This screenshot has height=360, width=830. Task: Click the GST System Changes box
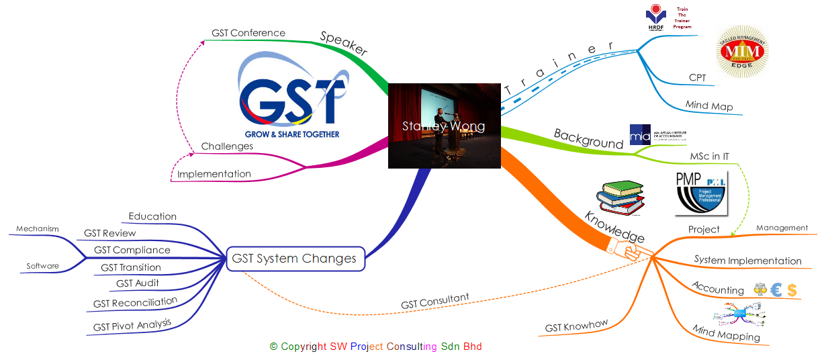(295, 259)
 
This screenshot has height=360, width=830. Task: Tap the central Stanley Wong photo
(445, 126)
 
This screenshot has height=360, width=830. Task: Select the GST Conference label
(248, 33)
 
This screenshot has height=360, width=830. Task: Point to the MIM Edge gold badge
(743, 51)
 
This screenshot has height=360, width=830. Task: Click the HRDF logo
(653, 17)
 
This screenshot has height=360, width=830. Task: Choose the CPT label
(698, 77)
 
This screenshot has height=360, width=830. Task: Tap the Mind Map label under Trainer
(709, 106)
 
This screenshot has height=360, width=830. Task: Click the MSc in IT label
(710, 156)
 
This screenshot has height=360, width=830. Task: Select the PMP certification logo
(701, 194)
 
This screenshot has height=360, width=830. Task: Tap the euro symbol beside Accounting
(776, 290)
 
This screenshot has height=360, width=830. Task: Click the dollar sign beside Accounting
(792, 290)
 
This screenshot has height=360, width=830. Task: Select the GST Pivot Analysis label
(132, 326)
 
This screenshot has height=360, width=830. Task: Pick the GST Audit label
(138, 283)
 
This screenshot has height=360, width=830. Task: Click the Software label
(43, 266)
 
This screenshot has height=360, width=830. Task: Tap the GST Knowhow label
(576, 326)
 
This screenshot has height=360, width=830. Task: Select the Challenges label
(228, 146)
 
